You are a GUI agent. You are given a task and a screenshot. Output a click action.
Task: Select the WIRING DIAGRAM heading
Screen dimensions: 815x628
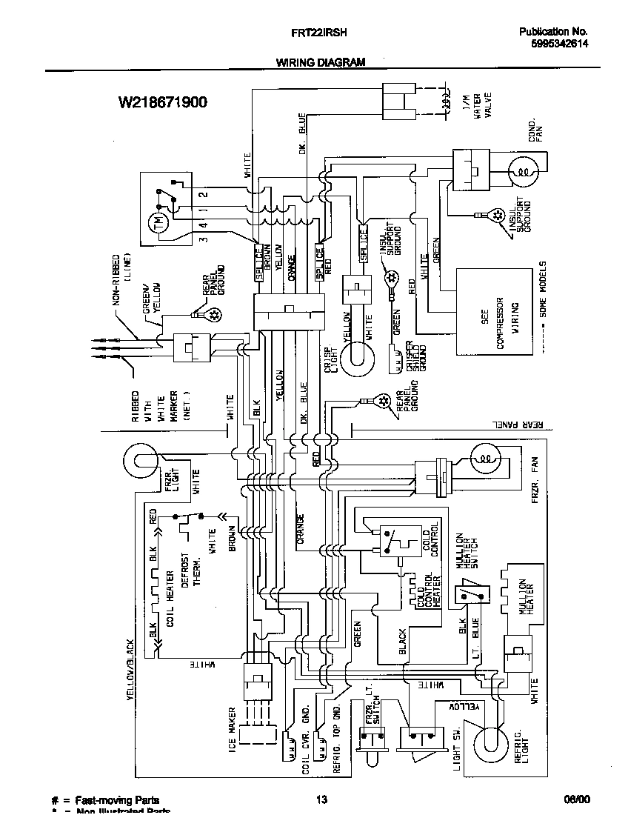tap(321, 63)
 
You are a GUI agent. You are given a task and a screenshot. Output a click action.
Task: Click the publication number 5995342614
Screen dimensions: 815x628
tap(559, 44)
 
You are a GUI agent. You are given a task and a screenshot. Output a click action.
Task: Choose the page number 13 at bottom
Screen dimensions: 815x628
tap(321, 799)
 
